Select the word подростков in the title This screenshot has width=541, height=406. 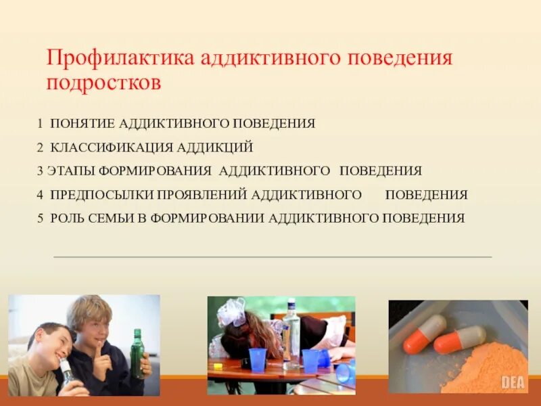(x=103, y=82)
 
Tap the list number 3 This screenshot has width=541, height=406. (x=40, y=171)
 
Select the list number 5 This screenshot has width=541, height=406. (x=40, y=218)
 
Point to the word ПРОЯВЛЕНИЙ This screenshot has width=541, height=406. (x=202, y=195)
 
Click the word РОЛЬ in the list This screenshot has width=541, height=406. (x=67, y=218)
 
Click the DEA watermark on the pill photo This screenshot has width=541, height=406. (x=513, y=382)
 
